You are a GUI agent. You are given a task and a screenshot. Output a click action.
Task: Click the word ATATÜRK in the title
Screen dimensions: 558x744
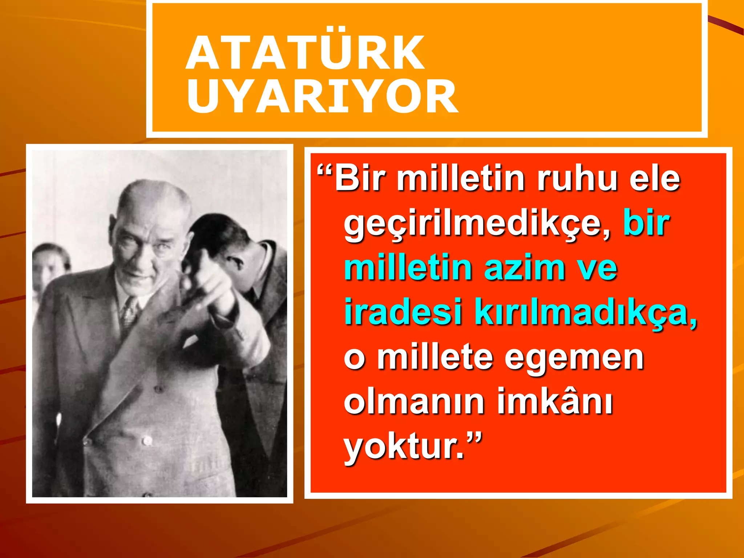305,53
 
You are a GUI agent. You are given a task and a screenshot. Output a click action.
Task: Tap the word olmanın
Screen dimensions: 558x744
414,402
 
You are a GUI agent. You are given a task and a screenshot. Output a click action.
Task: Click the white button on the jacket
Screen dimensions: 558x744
147,441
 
